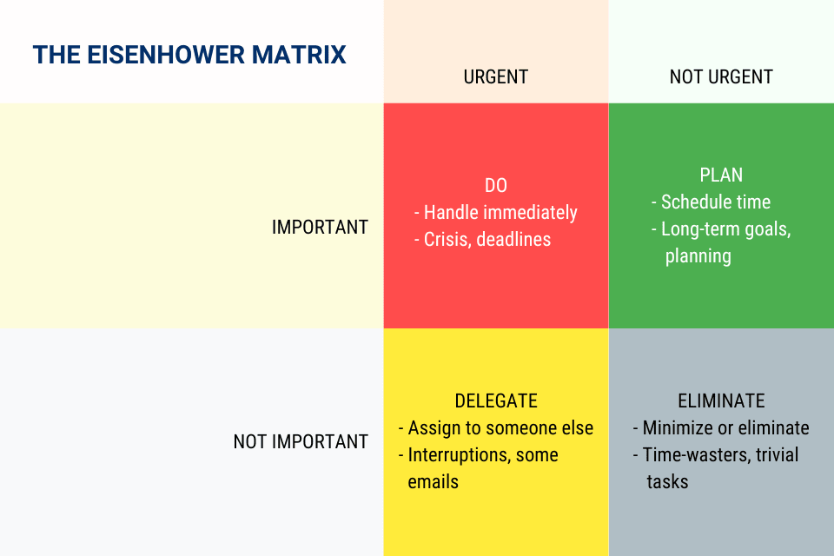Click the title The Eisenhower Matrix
(189, 55)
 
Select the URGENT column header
(496, 77)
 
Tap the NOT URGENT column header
(721, 77)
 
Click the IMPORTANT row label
(320, 228)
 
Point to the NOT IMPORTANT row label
(301, 441)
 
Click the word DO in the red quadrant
(496, 186)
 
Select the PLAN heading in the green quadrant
(721, 175)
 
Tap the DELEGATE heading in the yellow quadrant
(496, 400)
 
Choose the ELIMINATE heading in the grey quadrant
(721, 400)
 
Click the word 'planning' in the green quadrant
(698, 256)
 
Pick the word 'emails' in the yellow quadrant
(433, 482)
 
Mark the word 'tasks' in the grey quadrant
(667, 482)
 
